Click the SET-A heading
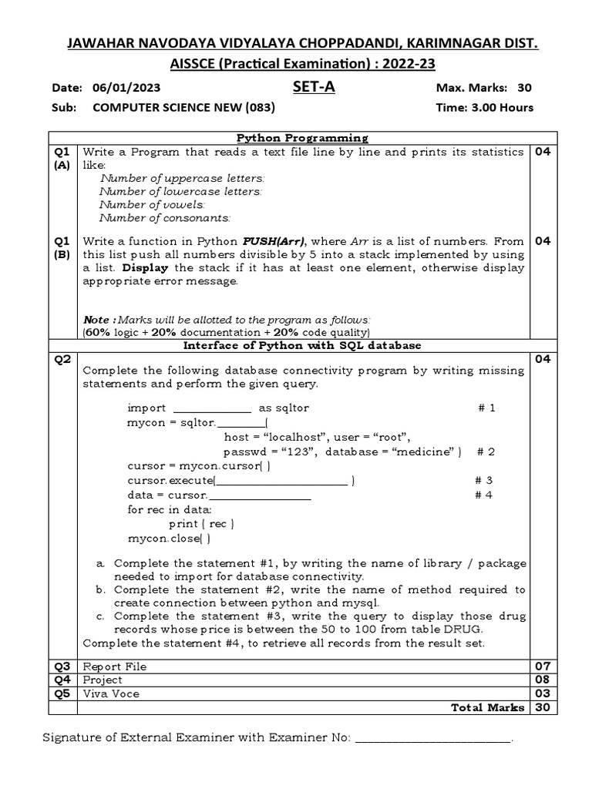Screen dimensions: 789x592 coord(314,87)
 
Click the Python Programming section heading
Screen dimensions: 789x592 coord(301,138)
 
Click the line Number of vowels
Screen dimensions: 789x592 coord(152,204)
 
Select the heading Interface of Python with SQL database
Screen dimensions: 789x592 coord(301,345)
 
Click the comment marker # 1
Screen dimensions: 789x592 coord(486,408)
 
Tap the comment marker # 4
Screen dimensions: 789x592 coord(483,495)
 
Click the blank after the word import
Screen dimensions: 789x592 coord(212,408)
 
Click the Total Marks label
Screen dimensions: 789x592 coord(487,707)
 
